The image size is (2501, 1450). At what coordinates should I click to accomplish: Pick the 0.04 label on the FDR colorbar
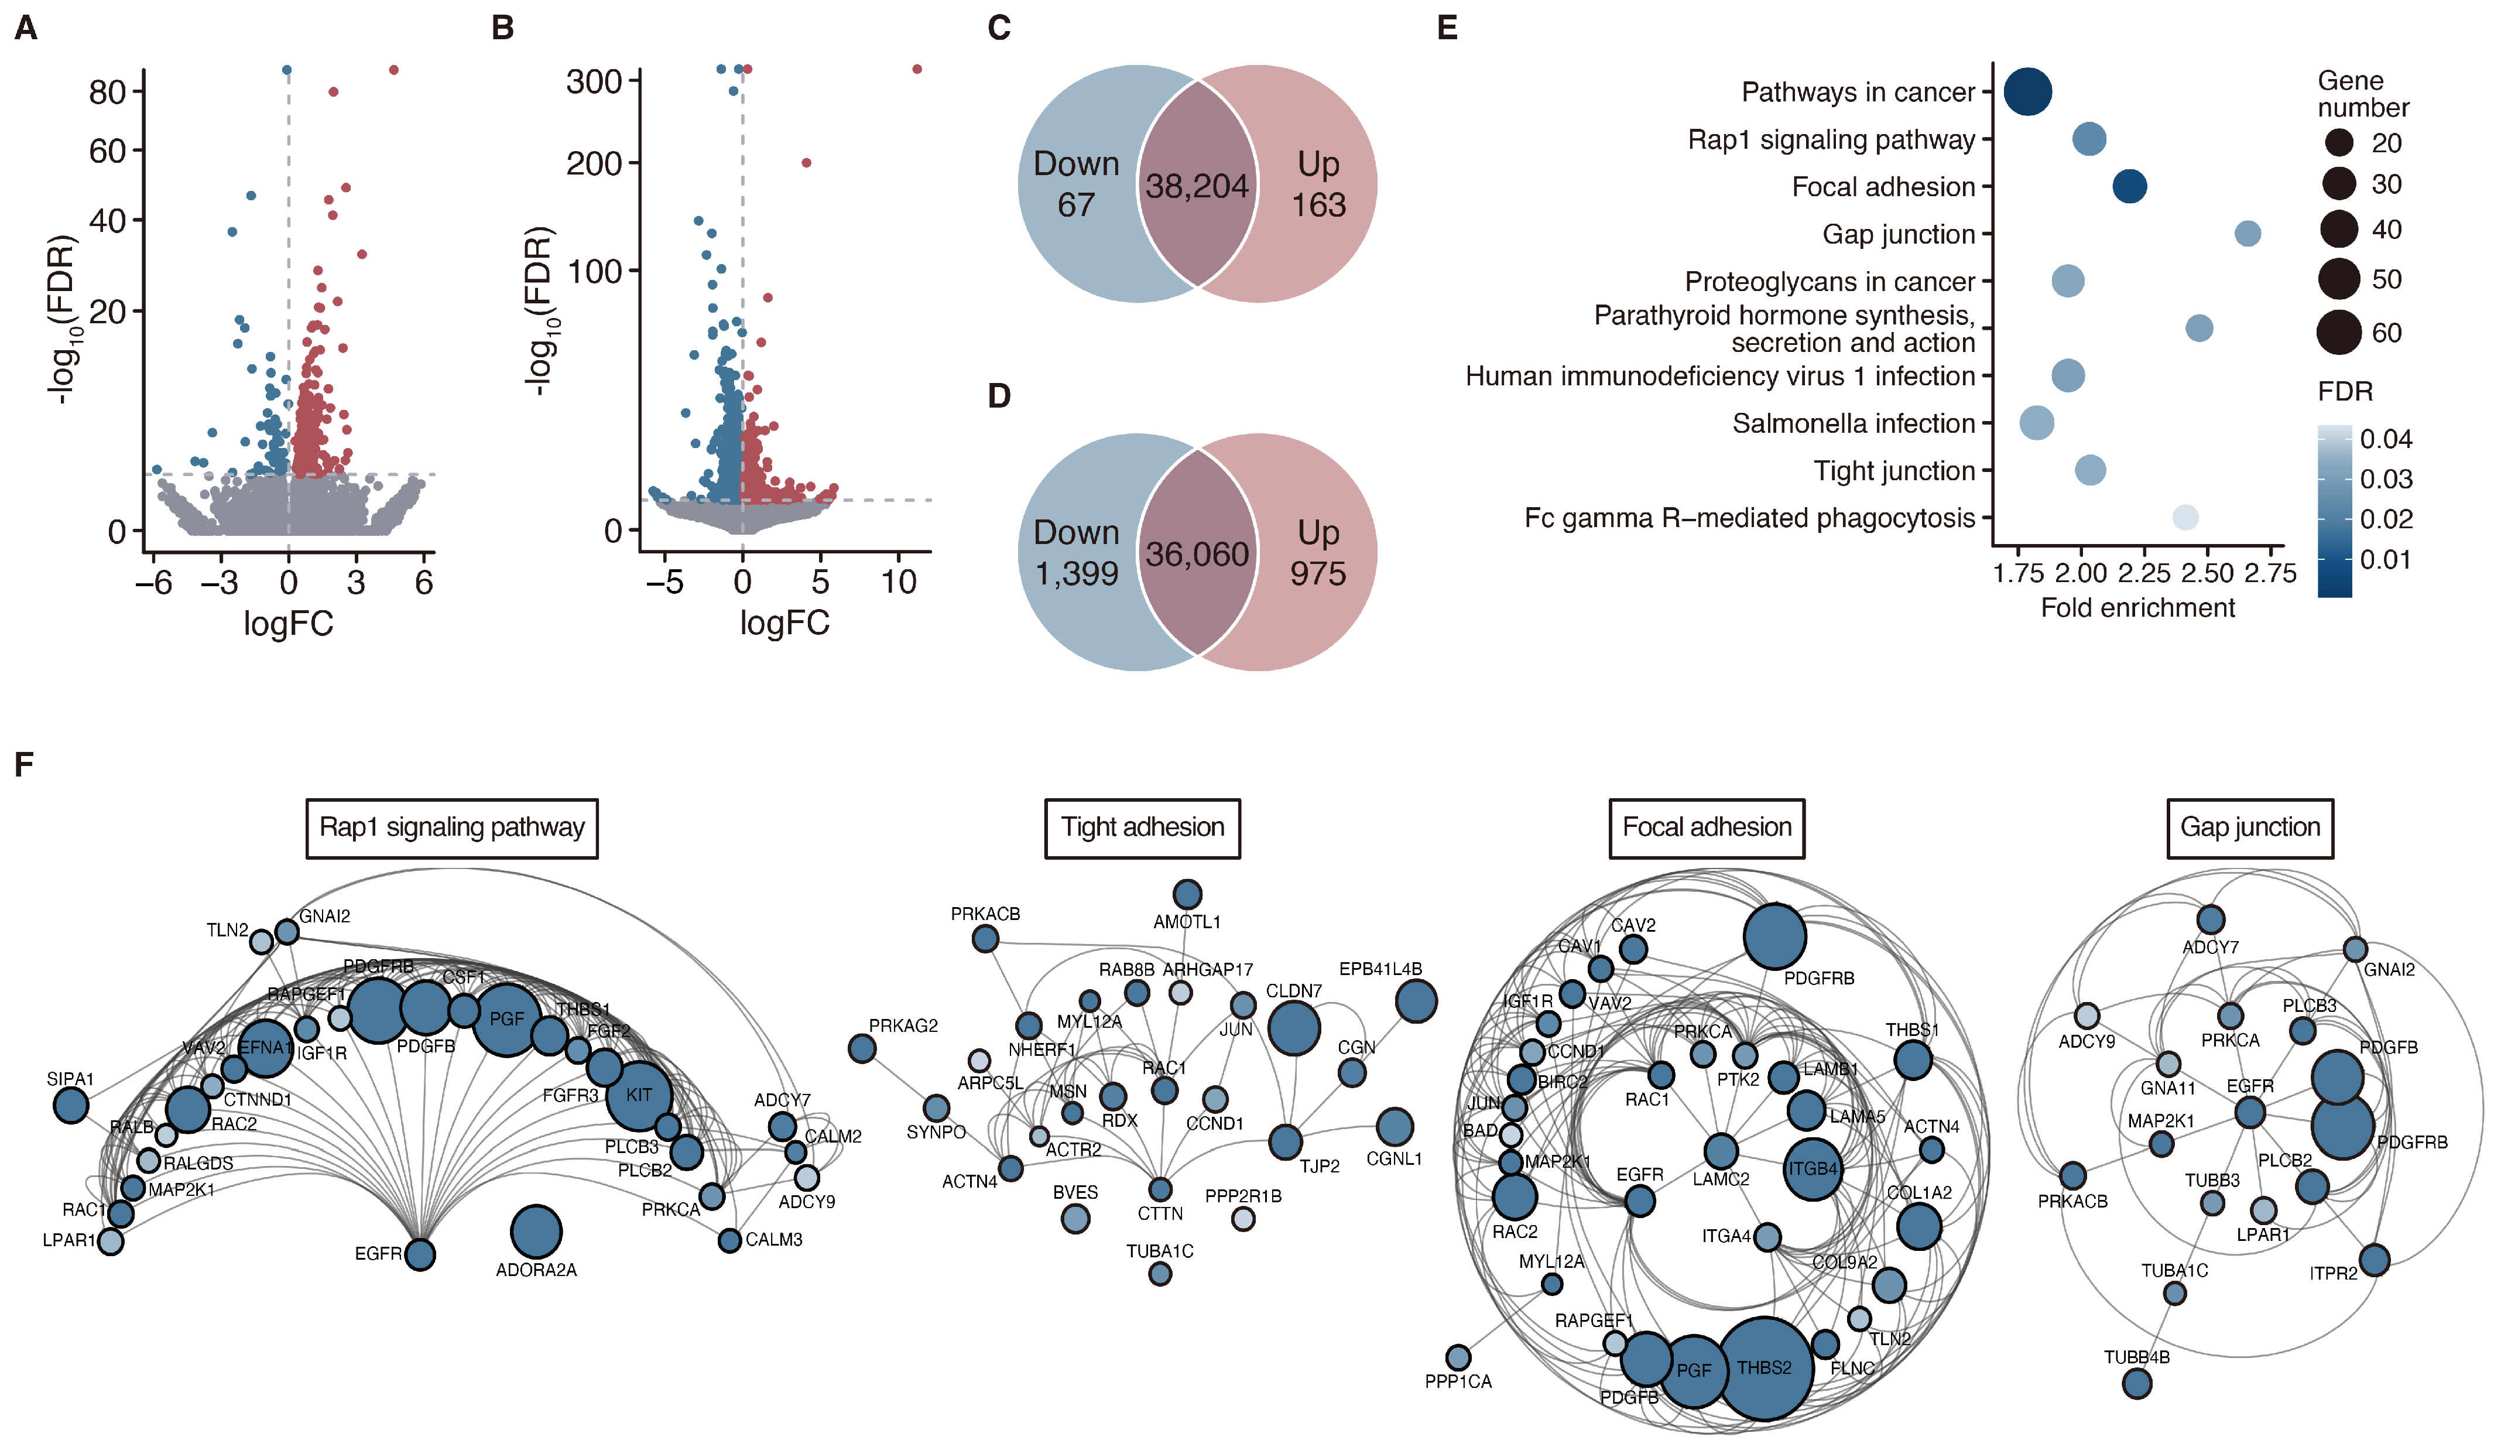click(x=2386, y=439)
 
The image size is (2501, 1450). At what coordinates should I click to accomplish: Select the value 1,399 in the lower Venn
click(x=1077, y=574)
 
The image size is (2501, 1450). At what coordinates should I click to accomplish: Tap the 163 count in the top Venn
click(x=1318, y=204)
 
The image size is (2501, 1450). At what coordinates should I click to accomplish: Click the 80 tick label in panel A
click(x=107, y=93)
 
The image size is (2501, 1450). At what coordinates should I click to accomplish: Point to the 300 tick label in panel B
click(x=594, y=81)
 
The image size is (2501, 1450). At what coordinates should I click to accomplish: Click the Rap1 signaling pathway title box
click(x=451, y=827)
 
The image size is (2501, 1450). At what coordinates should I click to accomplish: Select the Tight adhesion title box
click(x=1142, y=827)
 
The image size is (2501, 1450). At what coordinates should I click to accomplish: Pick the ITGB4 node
click(x=1813, y=1169)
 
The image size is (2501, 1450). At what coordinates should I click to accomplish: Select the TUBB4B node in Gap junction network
click(x=2137, y=1383)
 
